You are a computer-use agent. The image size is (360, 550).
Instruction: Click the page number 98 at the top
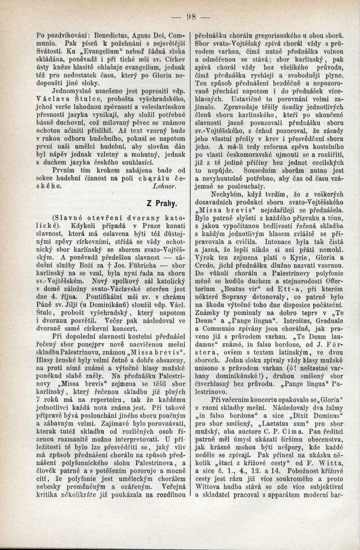tap(192, 18)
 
